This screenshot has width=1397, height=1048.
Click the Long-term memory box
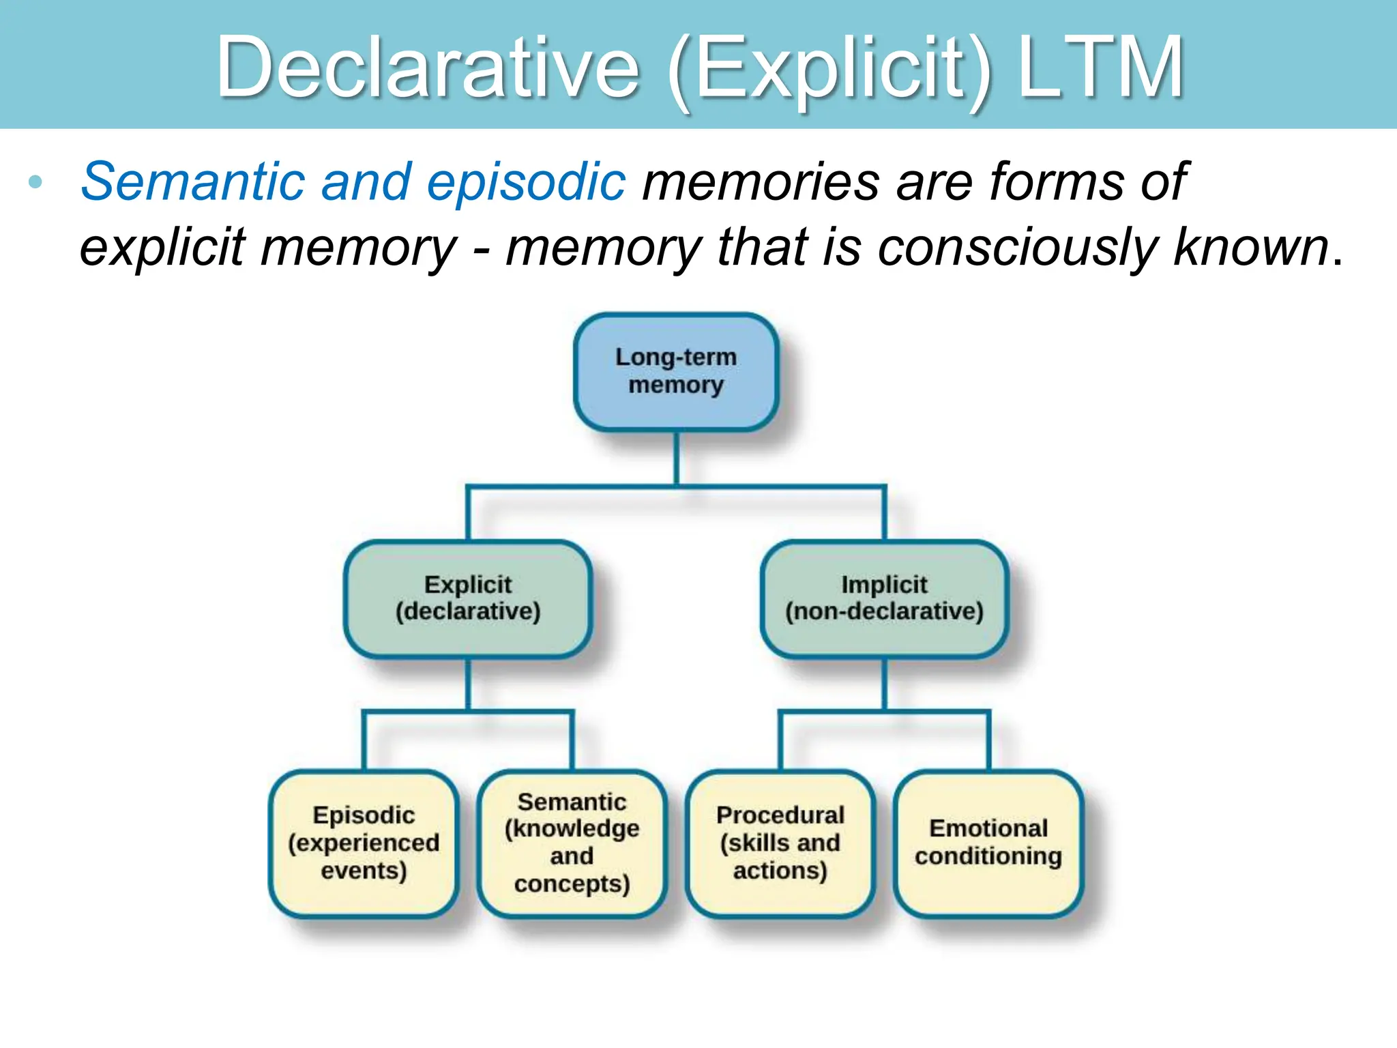click(x=676, y=371)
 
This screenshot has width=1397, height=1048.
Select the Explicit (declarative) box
click(x=468, y=598)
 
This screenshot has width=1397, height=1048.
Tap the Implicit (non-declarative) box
click(x=884, y=598)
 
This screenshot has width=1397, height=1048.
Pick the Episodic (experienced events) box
click(x=364, y=843)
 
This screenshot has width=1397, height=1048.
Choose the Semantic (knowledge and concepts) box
click(x=572, y=843)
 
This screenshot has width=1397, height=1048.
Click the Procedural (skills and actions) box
click(x=780, y=843)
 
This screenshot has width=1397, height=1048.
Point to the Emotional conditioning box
click(x=988, y=843)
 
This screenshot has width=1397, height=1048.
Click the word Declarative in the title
click(x=428, y=68)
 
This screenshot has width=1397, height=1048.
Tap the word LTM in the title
click(x=1100, y=68)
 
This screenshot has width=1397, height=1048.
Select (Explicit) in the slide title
click(x=829, y=68)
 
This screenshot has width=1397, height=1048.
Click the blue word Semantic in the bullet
click(x=192, y=182)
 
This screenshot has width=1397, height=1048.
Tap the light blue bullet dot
click(x=36, y=182)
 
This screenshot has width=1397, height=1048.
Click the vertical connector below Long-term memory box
click(x=676, y=458)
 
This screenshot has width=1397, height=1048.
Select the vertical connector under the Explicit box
click(x=468, y=684)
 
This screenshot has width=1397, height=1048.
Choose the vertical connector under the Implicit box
click(x=884, y=684)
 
